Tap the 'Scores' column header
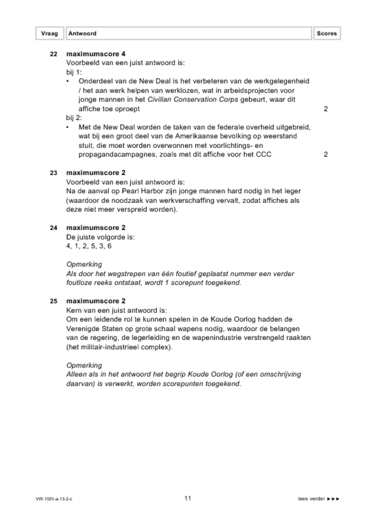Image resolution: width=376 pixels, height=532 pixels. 326,34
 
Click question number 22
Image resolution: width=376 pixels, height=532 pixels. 53,54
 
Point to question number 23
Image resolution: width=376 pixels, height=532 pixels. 53,173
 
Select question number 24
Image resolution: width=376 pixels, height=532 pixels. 53,228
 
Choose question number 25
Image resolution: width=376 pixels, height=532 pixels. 53,301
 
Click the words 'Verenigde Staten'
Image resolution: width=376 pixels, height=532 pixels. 95,328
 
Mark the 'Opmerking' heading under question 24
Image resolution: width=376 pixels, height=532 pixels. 84,264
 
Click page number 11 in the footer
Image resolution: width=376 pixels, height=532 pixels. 187,498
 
